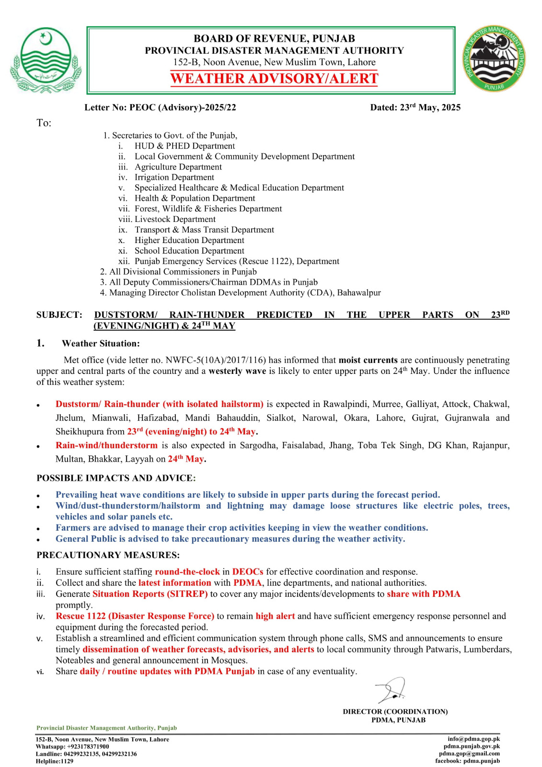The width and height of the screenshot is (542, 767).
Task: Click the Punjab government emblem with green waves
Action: [46, 60]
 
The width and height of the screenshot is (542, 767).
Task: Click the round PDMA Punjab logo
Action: [494, 59]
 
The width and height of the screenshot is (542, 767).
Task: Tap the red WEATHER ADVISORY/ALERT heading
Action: [274, 79]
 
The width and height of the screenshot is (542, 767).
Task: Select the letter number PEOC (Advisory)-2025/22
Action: [183, 107]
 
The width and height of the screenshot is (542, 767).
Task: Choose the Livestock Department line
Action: [175, 219]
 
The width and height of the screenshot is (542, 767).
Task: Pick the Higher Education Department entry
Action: [189, 240]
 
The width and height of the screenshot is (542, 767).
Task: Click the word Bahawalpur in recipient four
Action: [359, 292]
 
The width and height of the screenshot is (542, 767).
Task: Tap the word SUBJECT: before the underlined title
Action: [59, 315]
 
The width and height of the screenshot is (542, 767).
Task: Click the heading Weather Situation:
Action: [101, 343]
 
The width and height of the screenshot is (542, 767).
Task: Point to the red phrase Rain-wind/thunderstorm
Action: [106, 445]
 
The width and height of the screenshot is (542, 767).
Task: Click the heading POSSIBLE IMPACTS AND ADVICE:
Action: [116, 478]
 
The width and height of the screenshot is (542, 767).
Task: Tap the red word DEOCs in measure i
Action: [248, 571]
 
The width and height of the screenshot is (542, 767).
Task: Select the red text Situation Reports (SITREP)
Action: [150, 593]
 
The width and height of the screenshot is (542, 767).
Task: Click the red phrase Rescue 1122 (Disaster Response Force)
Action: [135, 616]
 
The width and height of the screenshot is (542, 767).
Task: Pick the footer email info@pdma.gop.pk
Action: [473, 739]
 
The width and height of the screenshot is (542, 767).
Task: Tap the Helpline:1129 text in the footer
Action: [55, 761]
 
